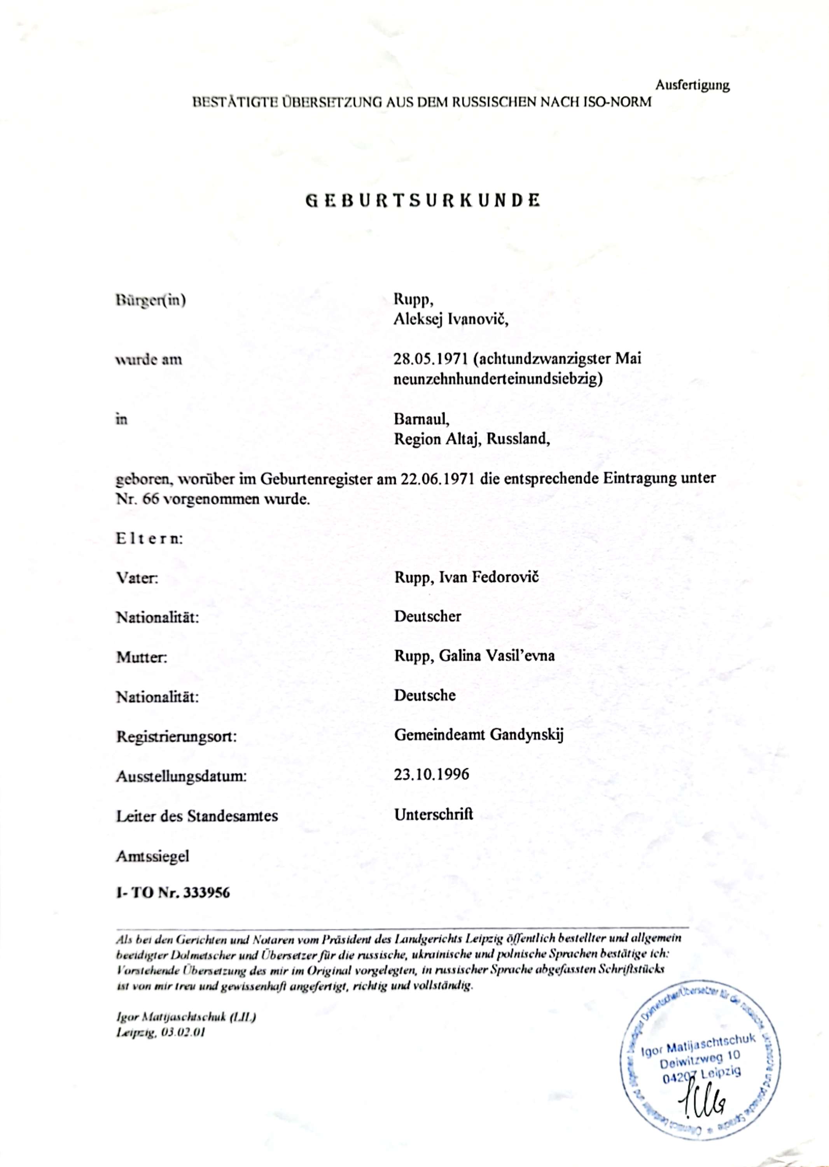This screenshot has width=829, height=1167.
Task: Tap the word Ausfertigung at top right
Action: (692, 85)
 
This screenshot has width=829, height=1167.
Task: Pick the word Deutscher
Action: (427, 617)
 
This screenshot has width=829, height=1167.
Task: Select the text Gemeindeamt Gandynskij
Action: (478, 735)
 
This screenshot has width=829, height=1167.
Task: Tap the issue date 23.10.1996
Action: (431, 775)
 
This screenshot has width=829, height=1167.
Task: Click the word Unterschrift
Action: (434, 814)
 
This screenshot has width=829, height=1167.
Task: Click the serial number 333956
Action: (207, 892)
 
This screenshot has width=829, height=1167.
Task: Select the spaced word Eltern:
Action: (149, 539)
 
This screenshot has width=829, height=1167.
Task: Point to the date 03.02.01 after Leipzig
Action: (183, 1032)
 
